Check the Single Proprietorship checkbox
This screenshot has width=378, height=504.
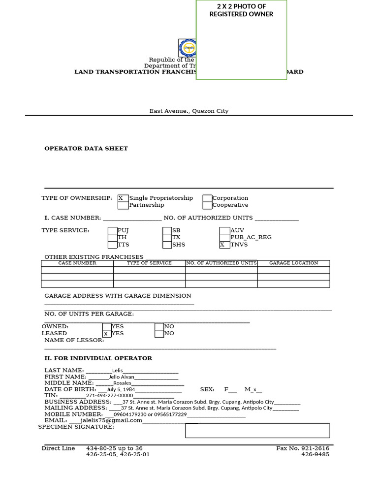(x=123, y=198)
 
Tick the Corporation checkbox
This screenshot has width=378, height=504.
(x=207, y=198)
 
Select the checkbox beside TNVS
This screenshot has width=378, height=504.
(x=224, y=245)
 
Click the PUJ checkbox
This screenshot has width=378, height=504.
(x=113, y=230)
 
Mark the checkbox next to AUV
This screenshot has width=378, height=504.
(x=224, y=230)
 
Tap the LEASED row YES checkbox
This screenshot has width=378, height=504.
(x=107, y=334)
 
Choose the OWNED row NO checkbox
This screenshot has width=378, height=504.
(x=159, y=326)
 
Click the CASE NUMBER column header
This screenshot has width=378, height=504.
(x=77, y=263)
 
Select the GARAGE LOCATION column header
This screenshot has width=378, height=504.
(x=293, y=263)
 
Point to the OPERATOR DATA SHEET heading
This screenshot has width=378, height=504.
(x=86, y=149)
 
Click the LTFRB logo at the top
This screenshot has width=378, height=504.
(x=188, y=48)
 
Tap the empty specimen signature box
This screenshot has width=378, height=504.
(x=257, y=431)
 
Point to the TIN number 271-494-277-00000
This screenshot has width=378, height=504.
(x=110, y=396)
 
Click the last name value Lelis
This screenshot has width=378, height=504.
(x=118, y=371)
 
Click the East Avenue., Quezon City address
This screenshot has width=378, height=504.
(x=189, y=111)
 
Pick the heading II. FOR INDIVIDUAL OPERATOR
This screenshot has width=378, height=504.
(x=98, y=358)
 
